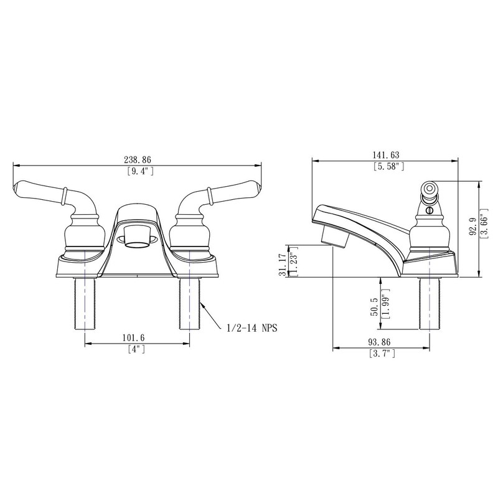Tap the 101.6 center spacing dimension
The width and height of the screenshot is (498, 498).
(135, 338)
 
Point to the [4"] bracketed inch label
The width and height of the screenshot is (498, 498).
(136, 349)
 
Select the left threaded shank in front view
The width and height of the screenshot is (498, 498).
(84, 303)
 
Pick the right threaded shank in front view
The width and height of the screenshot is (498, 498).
(189, 303)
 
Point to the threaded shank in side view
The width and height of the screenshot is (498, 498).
(430, 303)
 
